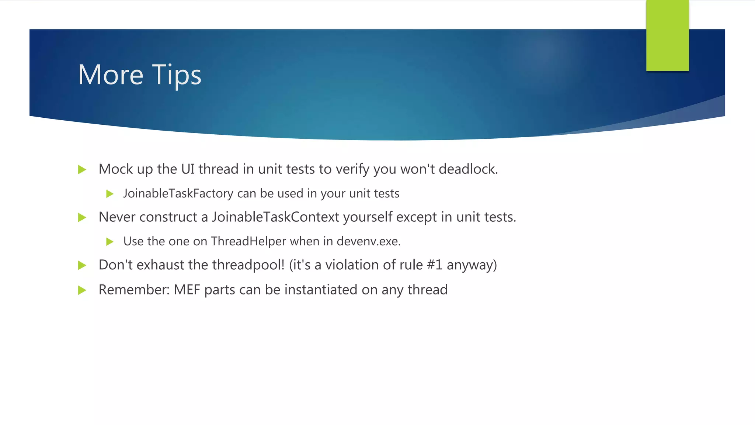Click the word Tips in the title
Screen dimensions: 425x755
(x=177, y=75)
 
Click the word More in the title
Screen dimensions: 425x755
(x=110, y=75)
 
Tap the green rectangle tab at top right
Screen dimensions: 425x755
(x=667, y=35)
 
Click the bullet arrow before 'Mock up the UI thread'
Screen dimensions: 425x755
(x=82, y=170)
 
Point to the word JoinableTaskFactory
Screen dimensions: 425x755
(x=178, y=194)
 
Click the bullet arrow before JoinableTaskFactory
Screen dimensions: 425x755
(x=109, y=194)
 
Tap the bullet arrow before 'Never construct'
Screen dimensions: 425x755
(x=82, y=218)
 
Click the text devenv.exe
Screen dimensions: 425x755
(x=368, y=241)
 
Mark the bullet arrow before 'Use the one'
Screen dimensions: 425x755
(x=109, y=242)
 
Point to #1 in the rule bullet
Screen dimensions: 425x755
(x=435, y=265)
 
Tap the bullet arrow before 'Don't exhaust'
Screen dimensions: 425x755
(x=82, y=265)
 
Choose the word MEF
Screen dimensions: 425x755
(x=187, y=290)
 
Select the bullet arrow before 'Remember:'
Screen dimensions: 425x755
(x=82, y=290)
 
